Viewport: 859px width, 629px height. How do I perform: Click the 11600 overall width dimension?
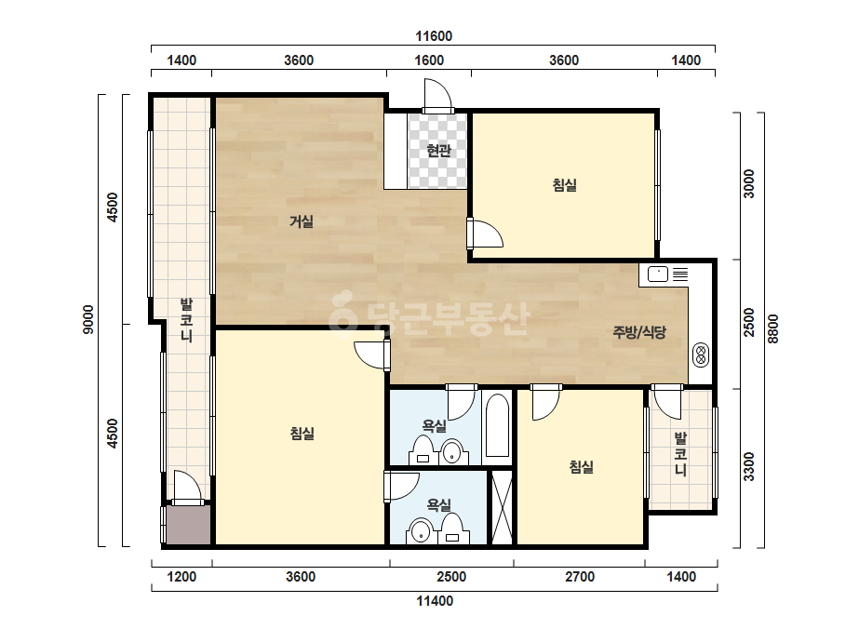coord(434,36)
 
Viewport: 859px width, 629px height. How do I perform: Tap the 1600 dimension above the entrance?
coord(428,60)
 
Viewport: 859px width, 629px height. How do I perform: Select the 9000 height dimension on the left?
coord(87,319)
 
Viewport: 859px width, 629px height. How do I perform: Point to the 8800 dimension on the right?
coord(772,328)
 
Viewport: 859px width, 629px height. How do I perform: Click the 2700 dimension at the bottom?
coord(580,576)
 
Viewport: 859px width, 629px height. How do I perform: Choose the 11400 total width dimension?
coord(435,601)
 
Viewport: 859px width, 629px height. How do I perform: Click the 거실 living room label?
coord(302,221)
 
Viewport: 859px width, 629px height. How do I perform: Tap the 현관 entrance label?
coord(438,150)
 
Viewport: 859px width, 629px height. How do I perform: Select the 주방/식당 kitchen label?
coord(639,331)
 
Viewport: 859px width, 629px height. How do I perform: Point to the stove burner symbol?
coord(700,355)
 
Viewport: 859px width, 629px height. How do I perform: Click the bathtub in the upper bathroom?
coord(497,426)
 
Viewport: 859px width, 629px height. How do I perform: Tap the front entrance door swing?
coord(438,97)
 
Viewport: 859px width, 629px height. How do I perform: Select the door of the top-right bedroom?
coord(486,234)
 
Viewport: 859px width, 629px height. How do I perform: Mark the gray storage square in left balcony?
coord(188,525)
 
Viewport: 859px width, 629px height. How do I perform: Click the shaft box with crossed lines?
coord(502,508)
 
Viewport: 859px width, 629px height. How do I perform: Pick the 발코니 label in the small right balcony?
coord(680,453)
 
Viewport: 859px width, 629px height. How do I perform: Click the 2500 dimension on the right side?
coord(748,323)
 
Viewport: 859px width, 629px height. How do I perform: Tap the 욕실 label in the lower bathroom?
coord(439,504)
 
